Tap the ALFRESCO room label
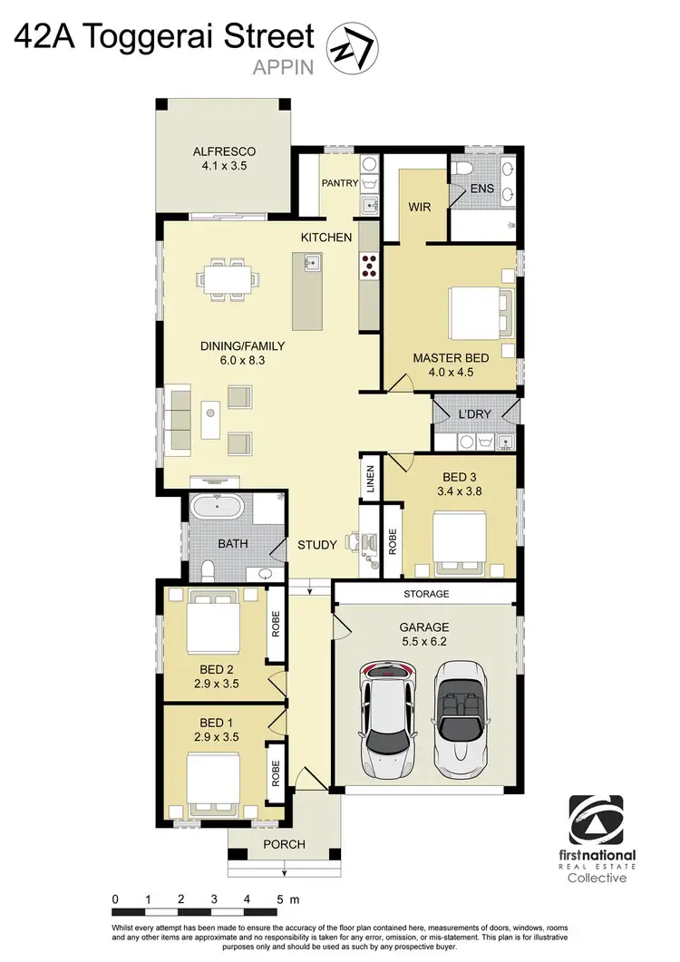(225, 151)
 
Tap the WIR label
(419, 207)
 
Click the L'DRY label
(474, 413)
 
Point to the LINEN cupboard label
(371, 479)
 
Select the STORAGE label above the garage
(425, 594)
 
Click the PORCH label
(284, 844)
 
